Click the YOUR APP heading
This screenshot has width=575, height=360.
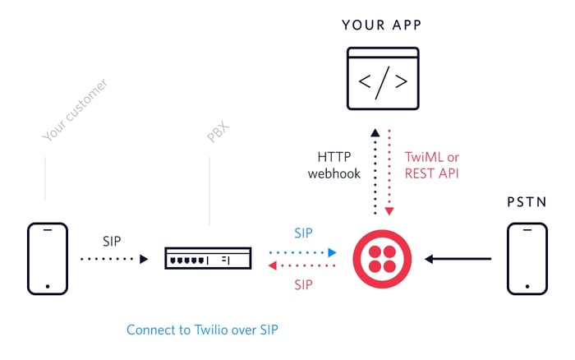(x=382, y=25)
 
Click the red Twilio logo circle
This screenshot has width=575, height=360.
(x=382, y=259)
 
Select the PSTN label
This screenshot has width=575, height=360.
(x=527, y=202)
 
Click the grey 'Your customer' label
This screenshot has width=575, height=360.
(x=76, y=109)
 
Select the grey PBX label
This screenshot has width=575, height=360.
(x=218, y=132)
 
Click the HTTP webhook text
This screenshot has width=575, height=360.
(x=334, y=165)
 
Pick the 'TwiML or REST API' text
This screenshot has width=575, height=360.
(x=431, y=165)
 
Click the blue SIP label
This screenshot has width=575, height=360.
(x=303, y=233)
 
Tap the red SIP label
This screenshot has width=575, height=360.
(x=303, y=284)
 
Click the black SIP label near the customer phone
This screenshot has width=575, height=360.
(x=112, y=241)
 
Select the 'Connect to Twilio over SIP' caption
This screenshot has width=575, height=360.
(x=202, y=330)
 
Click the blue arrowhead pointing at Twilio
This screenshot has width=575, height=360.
(x=332, y=252)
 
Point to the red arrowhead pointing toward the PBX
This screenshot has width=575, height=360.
(x=273, y=265)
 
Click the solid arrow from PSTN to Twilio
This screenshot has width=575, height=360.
(x=458, y=259)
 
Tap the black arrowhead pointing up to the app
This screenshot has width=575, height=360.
(x=375, y=132)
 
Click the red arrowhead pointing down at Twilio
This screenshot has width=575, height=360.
(x=389, y=211)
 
